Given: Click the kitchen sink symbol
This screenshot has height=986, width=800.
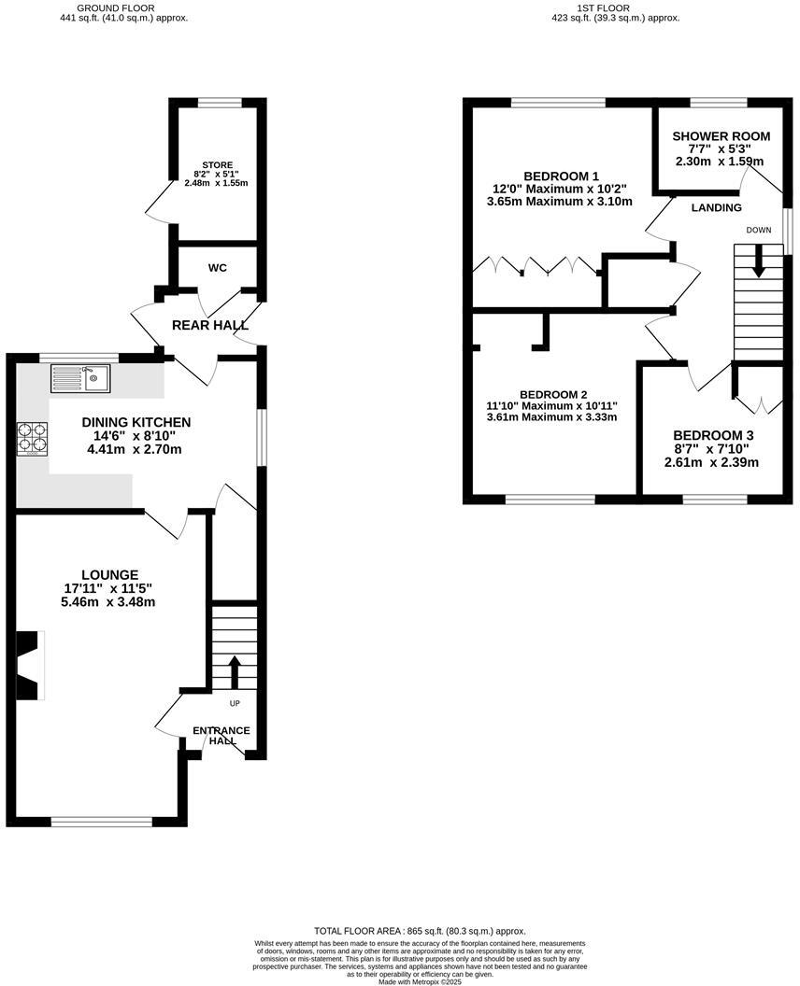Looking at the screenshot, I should click(x=81, y=378).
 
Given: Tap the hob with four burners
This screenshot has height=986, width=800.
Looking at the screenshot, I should click(x=32, y=438).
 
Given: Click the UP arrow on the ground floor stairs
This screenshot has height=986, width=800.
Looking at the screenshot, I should click(x=234, y=671).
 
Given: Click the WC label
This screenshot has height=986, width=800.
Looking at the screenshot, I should click(x=218, y=268).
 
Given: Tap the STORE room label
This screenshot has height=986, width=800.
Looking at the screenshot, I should click(x=217, y=165).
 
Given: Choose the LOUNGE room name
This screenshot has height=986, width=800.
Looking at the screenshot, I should click(x=109, y=575).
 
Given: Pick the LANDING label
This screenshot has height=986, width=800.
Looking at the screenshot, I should click(x=717, y=208).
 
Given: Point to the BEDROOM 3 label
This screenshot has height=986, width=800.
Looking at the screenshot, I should click(x=713, y=436).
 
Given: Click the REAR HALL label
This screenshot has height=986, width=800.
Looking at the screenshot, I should click(x=210, y=326).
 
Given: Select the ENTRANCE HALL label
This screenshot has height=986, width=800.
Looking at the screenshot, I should click(x=221, y=735).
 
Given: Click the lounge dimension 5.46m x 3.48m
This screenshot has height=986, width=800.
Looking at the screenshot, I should click(x=109, y=602).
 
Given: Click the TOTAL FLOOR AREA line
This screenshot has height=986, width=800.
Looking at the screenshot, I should click(x=420, y=931).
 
